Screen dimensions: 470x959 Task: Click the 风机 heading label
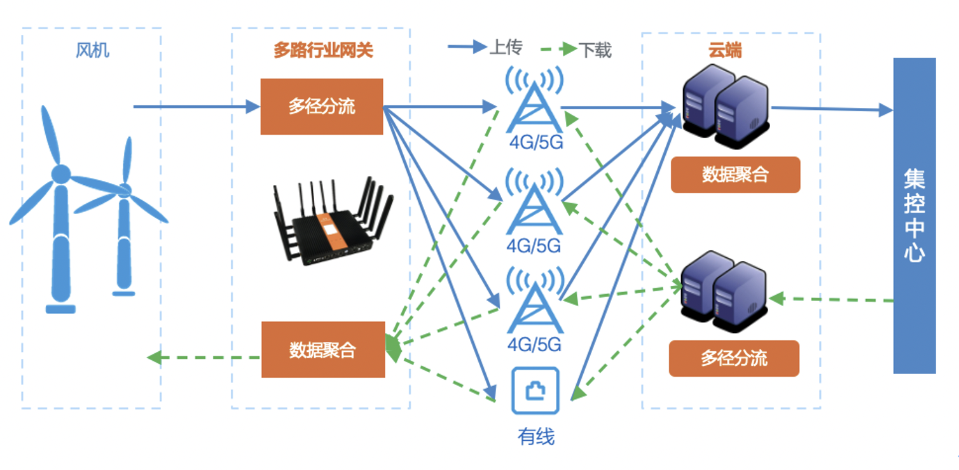pos(92,50)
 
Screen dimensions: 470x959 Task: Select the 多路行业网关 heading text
pos(323,51)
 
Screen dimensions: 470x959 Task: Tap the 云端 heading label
pos(725,50)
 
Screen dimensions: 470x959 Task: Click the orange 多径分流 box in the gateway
pos(322,107)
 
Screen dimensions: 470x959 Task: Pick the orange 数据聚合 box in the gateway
pos(323,349)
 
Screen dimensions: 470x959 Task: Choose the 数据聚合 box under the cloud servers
pos(735,175)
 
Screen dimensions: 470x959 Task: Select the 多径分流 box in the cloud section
pos(734,358)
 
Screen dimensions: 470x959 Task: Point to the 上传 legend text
pos(506,47)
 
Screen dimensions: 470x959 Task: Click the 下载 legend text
pos(595,50)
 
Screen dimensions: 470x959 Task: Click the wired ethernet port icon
pos(535,391)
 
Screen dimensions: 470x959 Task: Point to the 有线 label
pos(535,436)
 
